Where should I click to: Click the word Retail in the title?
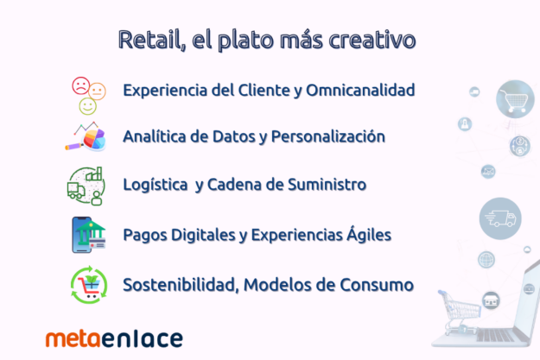(149, 40)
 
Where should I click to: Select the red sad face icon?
(81, 85)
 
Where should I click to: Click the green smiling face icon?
(88, 106)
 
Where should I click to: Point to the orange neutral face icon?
(97, 92)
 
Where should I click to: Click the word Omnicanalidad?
(360, 90)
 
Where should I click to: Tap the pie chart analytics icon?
(86, 136)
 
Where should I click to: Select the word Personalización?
(327, 136)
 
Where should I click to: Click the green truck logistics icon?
(86, 186)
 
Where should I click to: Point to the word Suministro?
(327, 185)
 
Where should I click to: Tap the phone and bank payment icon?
(88, 235)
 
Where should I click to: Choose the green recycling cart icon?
(89, 285)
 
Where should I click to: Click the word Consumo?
(377, 285)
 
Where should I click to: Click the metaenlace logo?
(114, 338)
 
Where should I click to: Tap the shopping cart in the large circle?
(515, 99)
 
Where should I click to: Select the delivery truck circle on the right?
(500, 218)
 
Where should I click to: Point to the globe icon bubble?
(486, 260)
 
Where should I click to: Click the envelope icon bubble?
(488, 172)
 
